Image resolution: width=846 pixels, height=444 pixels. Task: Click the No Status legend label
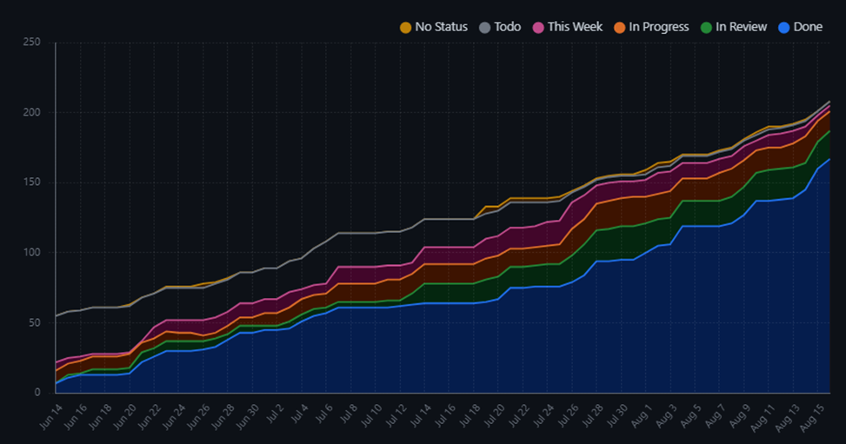[441, 27]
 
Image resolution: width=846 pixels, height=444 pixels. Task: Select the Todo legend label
[508, 27]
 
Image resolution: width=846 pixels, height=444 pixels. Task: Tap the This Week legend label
[575, 27]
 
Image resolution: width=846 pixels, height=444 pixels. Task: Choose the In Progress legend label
[659, 27]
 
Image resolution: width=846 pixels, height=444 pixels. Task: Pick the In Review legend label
[742, 27]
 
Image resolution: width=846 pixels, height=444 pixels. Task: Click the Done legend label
[808, 27]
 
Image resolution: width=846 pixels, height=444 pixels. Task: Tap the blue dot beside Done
[784, 28]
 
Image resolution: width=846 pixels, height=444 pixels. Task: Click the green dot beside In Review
[707, 28]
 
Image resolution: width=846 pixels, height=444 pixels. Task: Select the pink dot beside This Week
[538, 28]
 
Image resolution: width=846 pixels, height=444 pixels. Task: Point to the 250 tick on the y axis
[30, 43]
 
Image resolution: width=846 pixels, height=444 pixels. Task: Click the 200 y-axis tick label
[30, 112]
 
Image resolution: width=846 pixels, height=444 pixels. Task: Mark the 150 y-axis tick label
[30, 182]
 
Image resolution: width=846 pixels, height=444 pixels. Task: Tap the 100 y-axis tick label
[30, 253]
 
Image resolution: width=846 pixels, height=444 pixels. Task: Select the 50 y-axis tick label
[34, 322]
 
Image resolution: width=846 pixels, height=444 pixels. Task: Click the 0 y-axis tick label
[37, 393]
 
